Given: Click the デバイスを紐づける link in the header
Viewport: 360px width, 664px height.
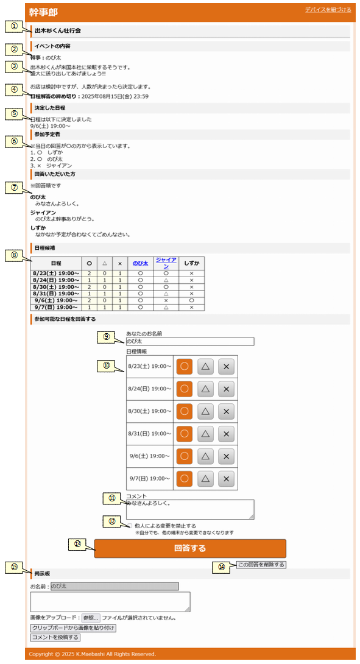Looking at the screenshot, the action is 328,10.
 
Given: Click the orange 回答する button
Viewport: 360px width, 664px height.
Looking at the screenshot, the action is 190,548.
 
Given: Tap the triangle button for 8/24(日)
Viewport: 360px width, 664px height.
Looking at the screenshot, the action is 205,389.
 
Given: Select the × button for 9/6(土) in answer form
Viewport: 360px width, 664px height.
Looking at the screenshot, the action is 226,456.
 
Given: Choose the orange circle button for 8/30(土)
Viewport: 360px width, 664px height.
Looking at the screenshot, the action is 184,411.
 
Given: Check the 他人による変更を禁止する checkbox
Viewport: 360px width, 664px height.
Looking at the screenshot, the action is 130,526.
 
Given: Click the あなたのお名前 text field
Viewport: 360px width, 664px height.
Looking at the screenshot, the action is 190,341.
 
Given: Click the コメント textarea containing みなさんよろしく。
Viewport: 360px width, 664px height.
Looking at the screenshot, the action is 190,509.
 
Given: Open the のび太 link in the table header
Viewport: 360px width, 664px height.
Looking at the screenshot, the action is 140,263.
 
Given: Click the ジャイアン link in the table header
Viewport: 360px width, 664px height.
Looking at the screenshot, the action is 166,263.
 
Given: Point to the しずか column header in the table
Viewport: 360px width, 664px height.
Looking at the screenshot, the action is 191,263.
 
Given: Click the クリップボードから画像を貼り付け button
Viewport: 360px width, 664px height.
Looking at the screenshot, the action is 73,628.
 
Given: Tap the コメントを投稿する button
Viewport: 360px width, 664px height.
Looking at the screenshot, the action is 55,637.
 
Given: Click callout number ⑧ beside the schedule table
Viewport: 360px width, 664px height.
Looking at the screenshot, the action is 15,255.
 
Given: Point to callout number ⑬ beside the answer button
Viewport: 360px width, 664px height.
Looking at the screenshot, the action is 77,545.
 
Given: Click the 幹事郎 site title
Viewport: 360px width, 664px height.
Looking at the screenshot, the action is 43,12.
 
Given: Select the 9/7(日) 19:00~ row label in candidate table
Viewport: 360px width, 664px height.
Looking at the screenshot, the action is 56,308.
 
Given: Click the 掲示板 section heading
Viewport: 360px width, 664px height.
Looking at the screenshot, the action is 43,574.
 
